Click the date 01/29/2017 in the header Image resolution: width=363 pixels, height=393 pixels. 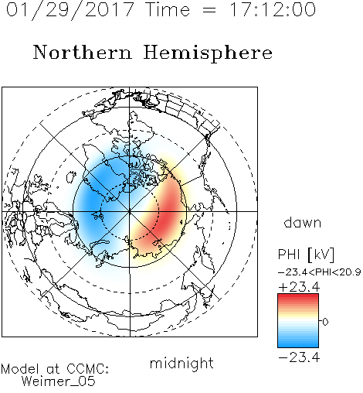[70, 10]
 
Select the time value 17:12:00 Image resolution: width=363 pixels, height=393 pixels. [273, 9]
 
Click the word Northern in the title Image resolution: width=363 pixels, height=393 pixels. [83, 52]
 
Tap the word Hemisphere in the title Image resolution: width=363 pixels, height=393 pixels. [208, 53]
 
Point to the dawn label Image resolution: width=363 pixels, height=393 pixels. [303, 222]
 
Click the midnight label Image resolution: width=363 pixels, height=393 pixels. [181, 363]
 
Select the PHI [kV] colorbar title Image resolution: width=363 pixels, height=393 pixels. [306, 255]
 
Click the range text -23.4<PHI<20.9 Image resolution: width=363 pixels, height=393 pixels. [319, 272]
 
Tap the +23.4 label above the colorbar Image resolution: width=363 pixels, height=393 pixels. [299, 287]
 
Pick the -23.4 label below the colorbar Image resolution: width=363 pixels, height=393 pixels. [299, 357]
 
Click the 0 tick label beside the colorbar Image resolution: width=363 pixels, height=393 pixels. [325, 322]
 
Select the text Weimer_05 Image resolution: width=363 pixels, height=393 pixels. [59, 381]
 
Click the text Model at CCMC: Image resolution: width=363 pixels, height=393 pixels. [55, 369]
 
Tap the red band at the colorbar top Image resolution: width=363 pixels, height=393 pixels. [298, 297]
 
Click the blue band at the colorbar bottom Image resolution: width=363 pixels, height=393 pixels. [298, 343]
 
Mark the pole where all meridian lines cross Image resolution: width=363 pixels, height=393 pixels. [130, 211]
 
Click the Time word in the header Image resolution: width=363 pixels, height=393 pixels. [168, 9]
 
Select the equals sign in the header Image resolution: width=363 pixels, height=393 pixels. [209, 10]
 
